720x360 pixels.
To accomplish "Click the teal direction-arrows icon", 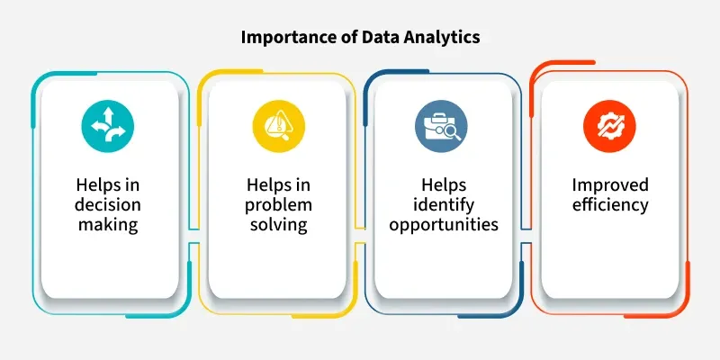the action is [107, 126].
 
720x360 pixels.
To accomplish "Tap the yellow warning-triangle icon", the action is [279, 126].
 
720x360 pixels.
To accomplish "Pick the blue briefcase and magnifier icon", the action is [441, 126].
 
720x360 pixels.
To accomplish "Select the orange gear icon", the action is [609, 126].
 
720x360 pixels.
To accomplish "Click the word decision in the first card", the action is [107, 205].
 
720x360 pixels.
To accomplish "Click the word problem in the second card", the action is [278, 205].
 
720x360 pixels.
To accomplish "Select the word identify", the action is [444, 205].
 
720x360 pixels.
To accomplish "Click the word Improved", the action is [610, 186].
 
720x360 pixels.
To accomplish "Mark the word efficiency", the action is [610, 205].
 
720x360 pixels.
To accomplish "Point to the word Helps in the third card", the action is [444, 184].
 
